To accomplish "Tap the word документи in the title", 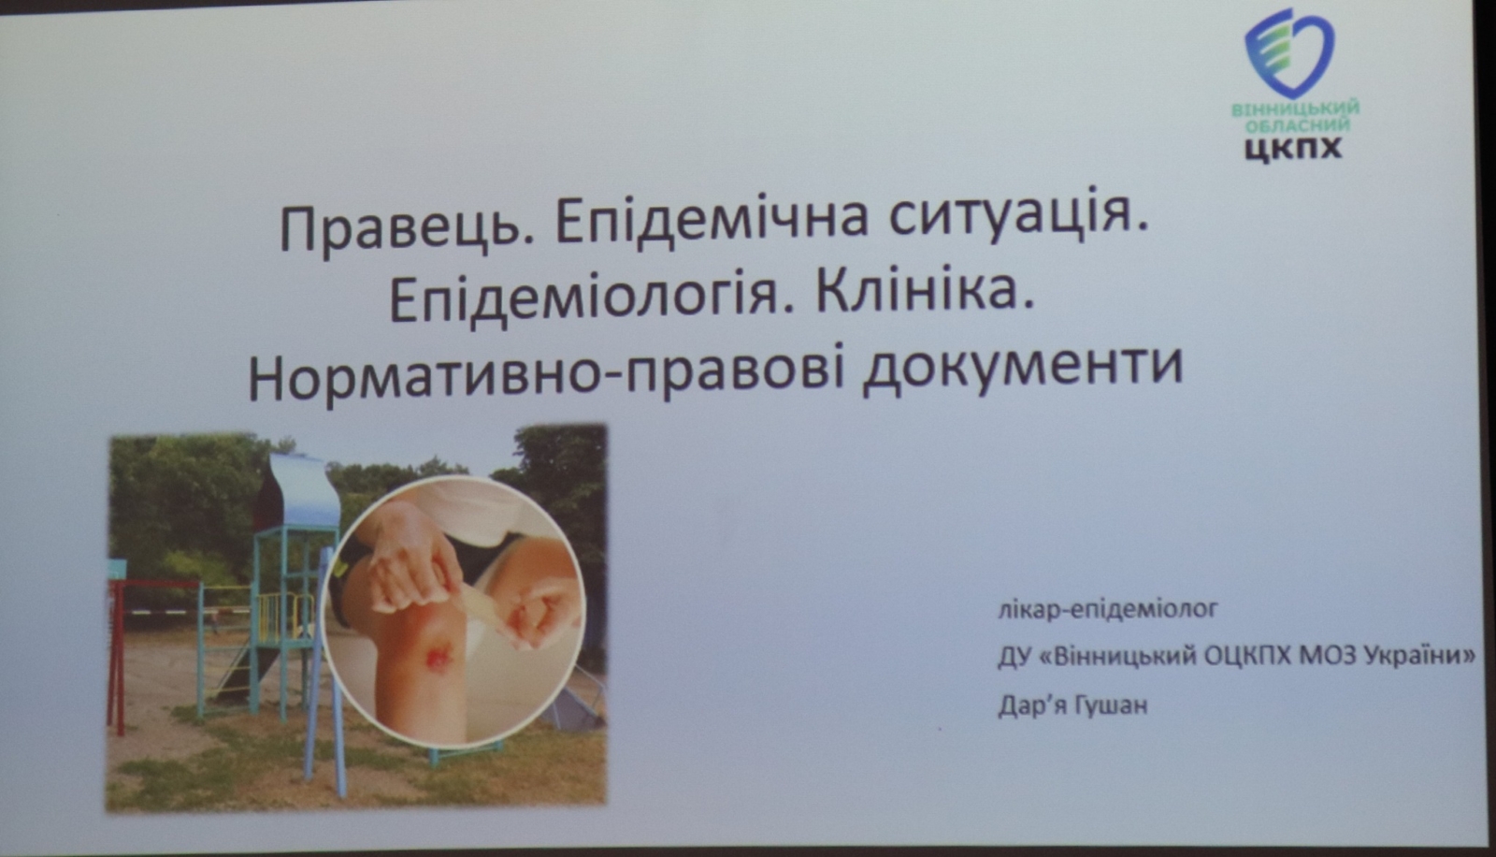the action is click(x=1023, y=371).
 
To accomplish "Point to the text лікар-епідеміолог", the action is click(x=1108, y=610).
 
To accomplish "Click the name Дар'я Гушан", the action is click(x=1072, y=705).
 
